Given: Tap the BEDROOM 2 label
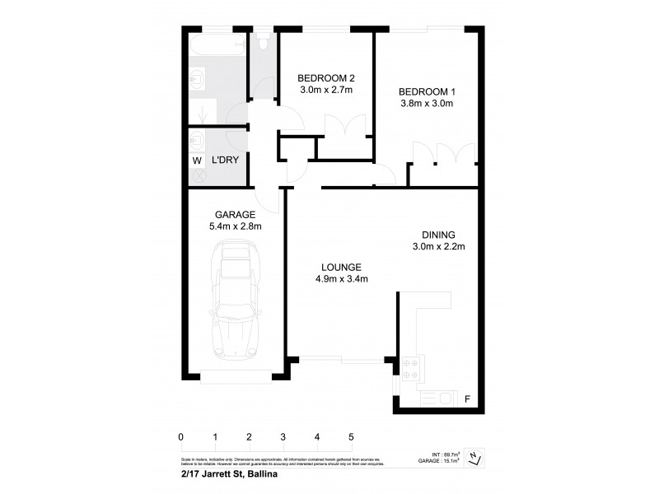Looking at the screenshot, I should point(325,78).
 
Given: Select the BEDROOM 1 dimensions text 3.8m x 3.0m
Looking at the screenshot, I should point(426,104).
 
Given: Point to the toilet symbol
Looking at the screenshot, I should point(263,42).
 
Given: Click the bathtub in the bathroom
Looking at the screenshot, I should point(217,44).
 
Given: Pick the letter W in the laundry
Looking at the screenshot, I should point(197,161).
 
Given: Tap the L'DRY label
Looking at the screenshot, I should point(225,161).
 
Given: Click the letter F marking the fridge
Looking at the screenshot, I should point(467,399).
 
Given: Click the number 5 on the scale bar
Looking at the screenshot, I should point(351,436).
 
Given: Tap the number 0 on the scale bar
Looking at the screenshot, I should point(180,436).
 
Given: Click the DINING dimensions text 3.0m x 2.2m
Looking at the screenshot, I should point(439,246).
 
